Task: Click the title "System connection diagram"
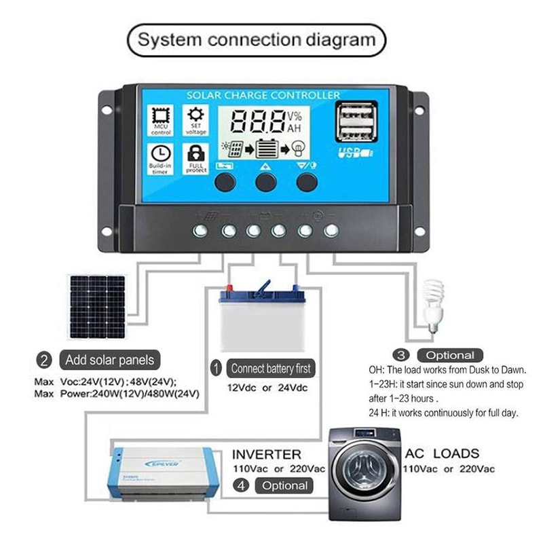257,39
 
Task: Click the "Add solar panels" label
109,359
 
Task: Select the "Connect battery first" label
270,369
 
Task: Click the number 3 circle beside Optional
402,354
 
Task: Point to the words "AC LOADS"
442,453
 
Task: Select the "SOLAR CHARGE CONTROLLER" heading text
263,95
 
